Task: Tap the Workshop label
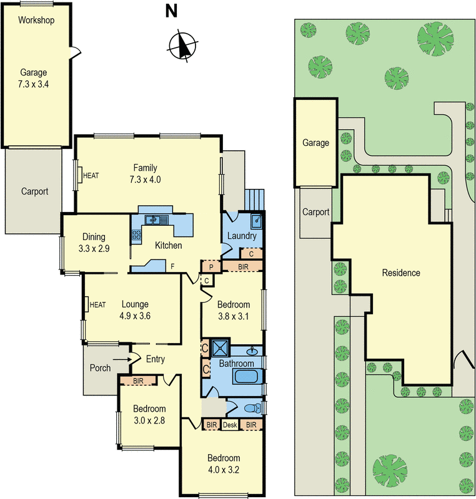pyautogui.click(x=36, y=20)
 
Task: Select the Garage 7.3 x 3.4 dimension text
pyautogui.click(x=34, y=78)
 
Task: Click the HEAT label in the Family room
pyautogui.click(x=91, y=175)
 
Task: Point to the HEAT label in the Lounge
pyautogui.click(x=98, y=304)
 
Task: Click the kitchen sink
pyautogui.click(x=154, y=219)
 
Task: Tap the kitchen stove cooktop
pyautogui.click(x=136, y=235)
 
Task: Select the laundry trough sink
pyautogui.click(x=256, y=221)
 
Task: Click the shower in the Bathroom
pyautogui.click(x=220, y=348)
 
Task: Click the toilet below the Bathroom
pyautogui.click(x=253, y=409)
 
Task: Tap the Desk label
pyautogui.click(x=231, y=425)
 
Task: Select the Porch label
pyautogui.click(x=100, y=368)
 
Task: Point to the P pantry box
pyautogui.click(x=211, y=266)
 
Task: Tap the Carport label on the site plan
pyautogui.click(x=315, y=212)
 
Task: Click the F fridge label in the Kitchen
pyautogui.click(x=172, y=267)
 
